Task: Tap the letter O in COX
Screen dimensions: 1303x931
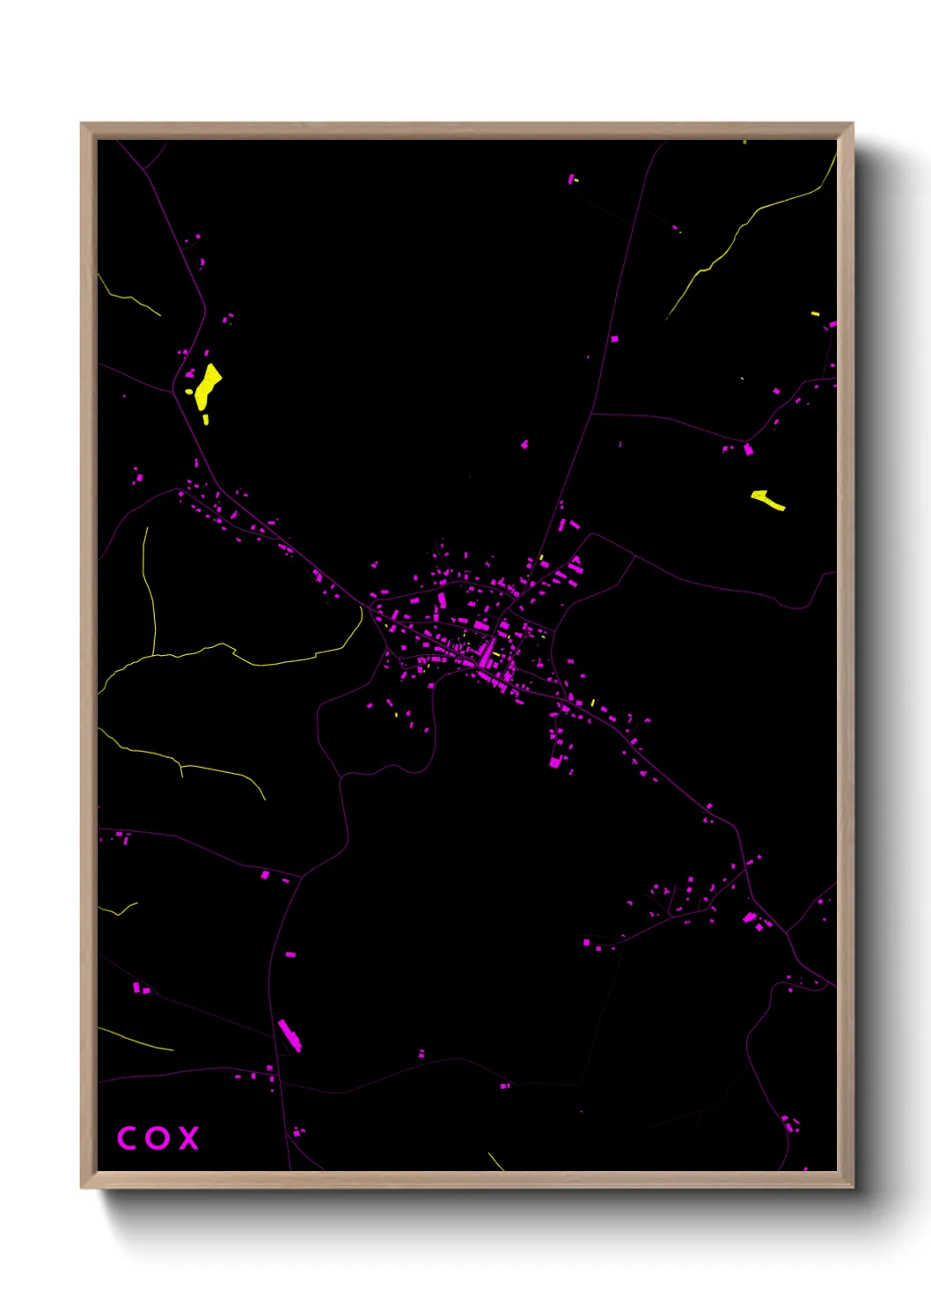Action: click(158, 1138)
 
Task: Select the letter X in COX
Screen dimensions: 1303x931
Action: click(189, 1138)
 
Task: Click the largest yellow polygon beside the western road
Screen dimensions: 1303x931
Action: click(208, 385)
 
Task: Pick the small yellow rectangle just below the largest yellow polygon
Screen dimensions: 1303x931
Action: click(206, 420)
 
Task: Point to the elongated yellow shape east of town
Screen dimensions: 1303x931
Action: click(768, 500)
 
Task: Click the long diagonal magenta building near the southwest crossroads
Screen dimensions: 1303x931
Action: click(290, 1035)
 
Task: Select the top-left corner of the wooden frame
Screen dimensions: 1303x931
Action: click(82, 124)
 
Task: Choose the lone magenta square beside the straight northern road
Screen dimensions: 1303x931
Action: click(614, 338)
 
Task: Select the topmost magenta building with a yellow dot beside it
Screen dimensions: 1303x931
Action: click(571, 180)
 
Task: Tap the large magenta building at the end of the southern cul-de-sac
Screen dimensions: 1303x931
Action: click(555, 762)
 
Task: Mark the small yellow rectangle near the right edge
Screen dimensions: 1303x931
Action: click(815, 313)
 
